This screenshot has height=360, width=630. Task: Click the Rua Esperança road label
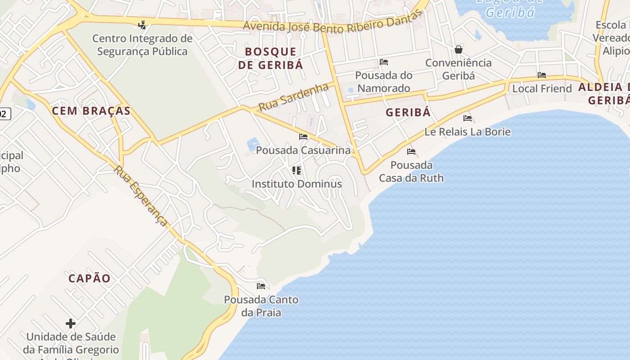[x=141, y=195]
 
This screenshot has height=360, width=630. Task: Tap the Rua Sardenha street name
[x=293, y=97]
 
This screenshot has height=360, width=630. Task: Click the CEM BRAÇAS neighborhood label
[x=91, y=111]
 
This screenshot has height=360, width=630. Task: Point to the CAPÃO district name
[x=90, y=278]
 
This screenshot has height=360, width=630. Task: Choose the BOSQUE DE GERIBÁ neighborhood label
[x=270, y=58]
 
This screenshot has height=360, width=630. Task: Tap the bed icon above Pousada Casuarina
[x=303, y=137]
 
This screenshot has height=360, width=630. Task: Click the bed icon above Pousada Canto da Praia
[x=261, y=286]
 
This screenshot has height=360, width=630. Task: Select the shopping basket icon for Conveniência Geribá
[x=458, y=49]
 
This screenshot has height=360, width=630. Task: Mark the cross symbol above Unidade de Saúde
[x=71, y=323]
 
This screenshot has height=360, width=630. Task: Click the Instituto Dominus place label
[x=297, y=184]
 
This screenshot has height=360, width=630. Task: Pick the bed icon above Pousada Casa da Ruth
[x=411, y=152]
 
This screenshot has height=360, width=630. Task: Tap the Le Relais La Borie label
[x=468, y=132]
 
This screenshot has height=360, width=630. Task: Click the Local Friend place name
[x=542, y=88]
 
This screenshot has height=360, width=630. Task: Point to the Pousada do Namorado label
[x=383, y=81]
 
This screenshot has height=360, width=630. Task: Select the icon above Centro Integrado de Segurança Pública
[x=142, y=25]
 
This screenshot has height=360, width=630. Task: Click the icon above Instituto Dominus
[x=297, y=170]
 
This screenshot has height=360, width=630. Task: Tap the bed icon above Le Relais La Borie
[x=468, y=118]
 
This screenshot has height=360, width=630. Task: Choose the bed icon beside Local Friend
[x=542, y=75]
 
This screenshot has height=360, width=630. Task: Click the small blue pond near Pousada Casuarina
[x=253, y=144]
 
